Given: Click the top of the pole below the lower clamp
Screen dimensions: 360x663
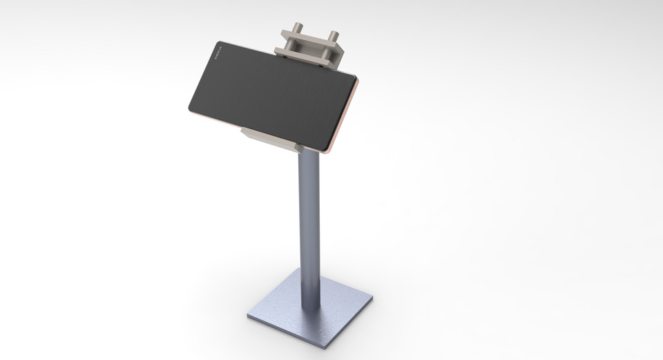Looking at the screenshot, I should pyautogui.click(x=309, y=158).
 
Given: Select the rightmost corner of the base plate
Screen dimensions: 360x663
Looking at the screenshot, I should pyautogui.click(x=372, y=299).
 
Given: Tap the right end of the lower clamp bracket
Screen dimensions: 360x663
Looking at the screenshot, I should pyautogui.click(x=299, y=147).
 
